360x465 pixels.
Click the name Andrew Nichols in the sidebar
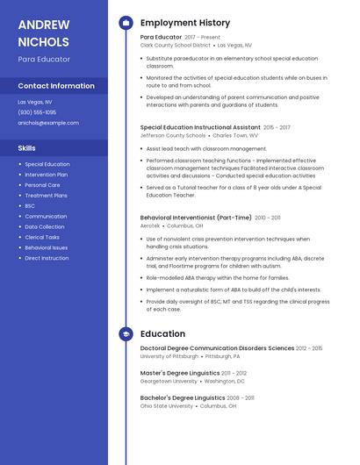43,32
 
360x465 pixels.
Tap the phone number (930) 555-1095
37,112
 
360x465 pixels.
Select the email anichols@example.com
48,123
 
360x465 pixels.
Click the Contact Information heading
56,86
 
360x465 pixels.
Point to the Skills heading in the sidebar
26,148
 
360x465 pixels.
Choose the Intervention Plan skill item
47,175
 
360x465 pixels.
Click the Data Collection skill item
45,226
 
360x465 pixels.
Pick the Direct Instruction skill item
47,258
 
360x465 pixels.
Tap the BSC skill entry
30,205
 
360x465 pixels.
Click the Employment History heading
185,23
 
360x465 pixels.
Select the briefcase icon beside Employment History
126,23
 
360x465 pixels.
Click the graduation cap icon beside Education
126,334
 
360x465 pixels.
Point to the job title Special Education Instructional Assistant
200,127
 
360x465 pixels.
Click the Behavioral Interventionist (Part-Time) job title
196,217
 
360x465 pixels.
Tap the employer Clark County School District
176,45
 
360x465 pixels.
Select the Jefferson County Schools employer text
173,136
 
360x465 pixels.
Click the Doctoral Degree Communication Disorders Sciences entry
217,348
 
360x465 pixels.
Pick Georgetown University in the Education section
169,382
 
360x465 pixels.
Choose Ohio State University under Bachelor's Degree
167,406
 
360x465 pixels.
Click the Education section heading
162,334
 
